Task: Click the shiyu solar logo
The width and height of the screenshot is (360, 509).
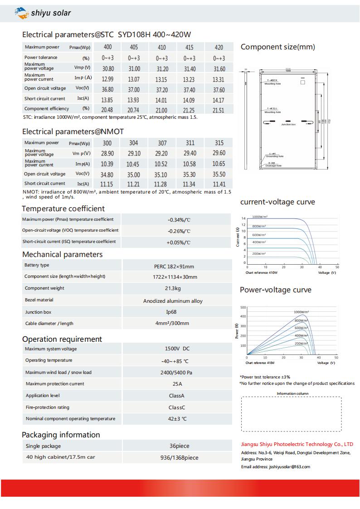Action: point(43,13)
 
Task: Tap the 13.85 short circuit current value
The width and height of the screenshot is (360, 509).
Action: point(107,100)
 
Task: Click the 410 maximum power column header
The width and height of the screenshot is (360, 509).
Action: point(161,48)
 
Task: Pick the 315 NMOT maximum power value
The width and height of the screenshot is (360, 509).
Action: point(219,143)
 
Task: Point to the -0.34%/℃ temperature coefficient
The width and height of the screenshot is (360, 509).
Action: point(179,220)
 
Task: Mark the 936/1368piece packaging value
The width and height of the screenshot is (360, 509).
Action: point(179,458)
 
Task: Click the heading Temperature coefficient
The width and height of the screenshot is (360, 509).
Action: point(63,208)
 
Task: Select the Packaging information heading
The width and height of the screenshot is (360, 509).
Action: point(61,435)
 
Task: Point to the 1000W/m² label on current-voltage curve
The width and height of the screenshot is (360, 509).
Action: point(260,217)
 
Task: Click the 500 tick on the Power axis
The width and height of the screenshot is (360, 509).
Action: point(243,307)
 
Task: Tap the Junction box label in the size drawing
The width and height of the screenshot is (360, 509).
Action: point(288,124)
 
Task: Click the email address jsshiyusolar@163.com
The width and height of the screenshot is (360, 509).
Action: point(289,466)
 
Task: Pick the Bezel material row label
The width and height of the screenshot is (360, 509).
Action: point(39,300)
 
